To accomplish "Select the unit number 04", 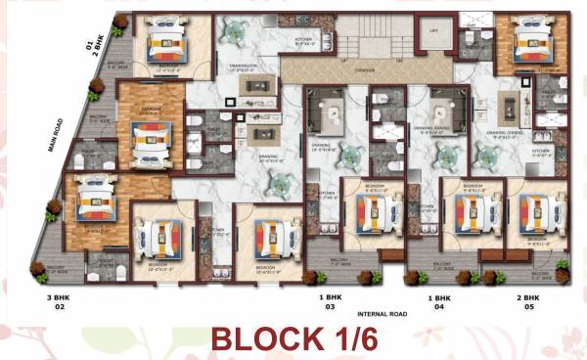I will (437, 307).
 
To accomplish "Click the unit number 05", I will (528, 307).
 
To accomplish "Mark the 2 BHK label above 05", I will (528, 296).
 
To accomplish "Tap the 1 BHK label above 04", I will (437, 296).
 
